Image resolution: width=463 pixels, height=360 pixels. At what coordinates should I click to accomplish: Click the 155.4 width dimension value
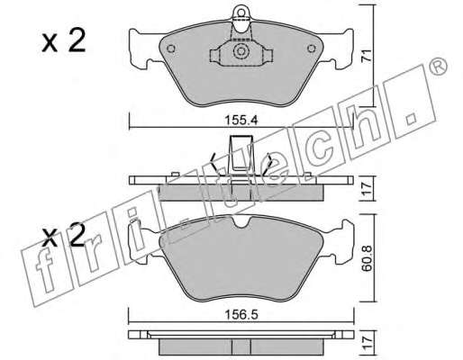241,121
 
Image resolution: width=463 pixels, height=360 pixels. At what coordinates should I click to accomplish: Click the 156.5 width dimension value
241,315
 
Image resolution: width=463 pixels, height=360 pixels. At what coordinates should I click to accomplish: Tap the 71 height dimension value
367,56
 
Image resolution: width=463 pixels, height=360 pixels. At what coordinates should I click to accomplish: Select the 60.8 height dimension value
367,259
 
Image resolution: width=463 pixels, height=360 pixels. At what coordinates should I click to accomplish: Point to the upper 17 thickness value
367,189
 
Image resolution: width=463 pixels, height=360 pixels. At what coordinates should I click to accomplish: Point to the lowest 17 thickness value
367,341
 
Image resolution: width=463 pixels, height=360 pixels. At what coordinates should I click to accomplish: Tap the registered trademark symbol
438,67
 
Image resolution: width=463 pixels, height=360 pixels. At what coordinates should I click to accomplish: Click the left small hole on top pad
170,49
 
